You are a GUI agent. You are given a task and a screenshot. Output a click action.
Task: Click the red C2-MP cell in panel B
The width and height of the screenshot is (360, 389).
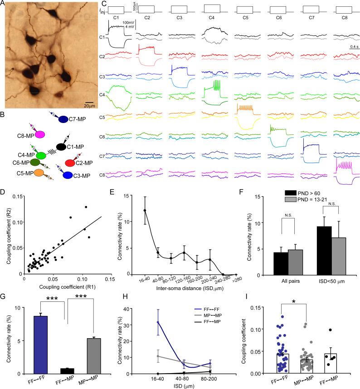point(71,162)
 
